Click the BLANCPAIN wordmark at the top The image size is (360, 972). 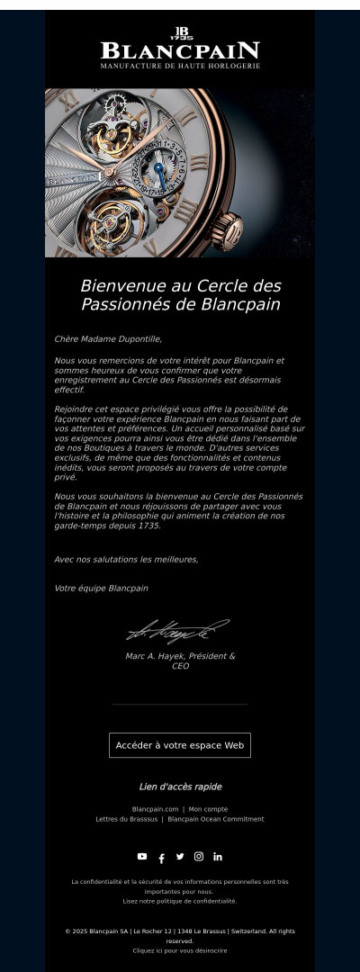point(180,50)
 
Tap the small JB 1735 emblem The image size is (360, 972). point(180,32)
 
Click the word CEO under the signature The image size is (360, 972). point(180,667)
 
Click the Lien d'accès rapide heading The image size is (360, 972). point(180,787)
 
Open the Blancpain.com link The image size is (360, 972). point(155,809)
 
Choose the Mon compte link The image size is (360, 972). point(208,809)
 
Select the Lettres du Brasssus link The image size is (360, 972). point(127,819)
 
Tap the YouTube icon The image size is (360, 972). point(142,856)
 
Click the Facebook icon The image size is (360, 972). point(161,858)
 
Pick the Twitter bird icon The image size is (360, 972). point(180,856)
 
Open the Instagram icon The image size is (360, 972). point(199,856)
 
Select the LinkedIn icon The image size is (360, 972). point(218,856)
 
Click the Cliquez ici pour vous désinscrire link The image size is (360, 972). point(180,950)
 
